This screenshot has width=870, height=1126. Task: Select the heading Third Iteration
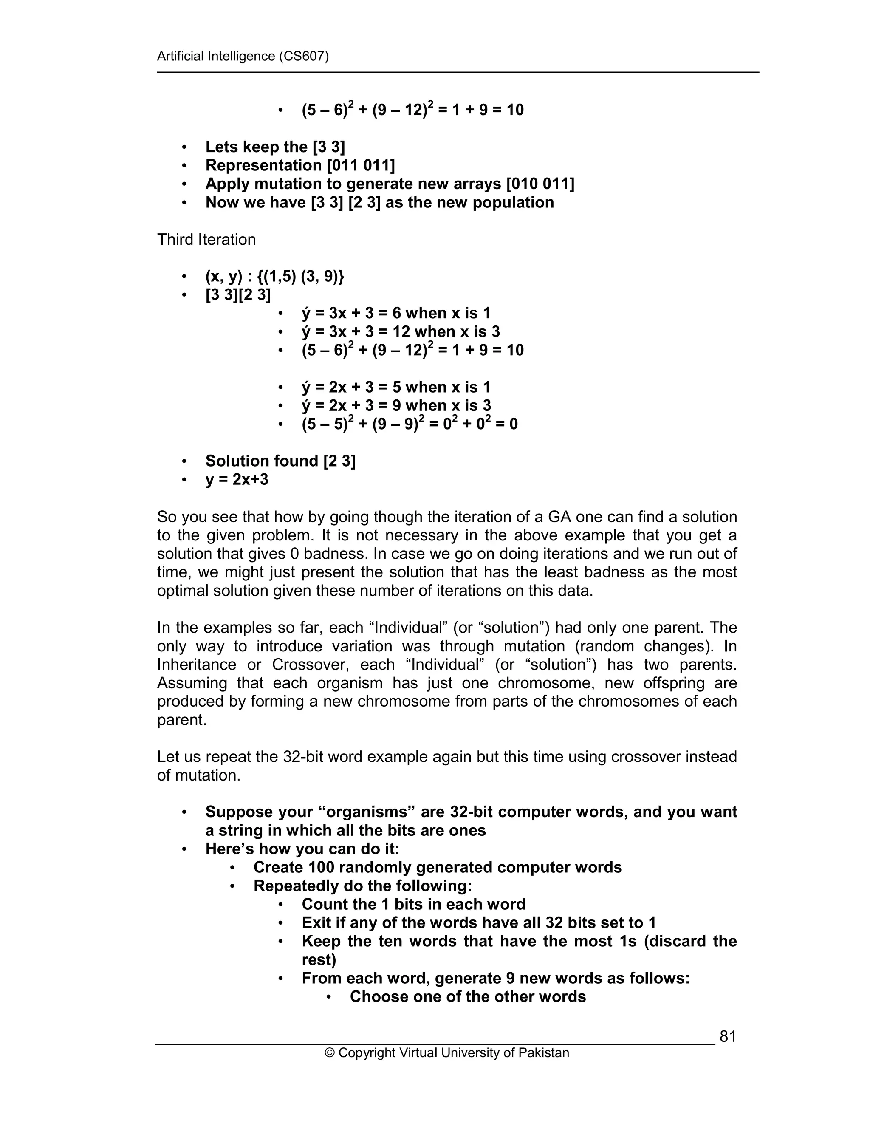coord(206,240)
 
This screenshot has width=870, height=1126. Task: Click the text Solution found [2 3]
coord(280,461)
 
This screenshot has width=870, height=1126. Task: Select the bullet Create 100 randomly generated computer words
coord(437,867)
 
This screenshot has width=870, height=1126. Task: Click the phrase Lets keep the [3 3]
coord(275,147)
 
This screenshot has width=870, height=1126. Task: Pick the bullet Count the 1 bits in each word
coord(413,904)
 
